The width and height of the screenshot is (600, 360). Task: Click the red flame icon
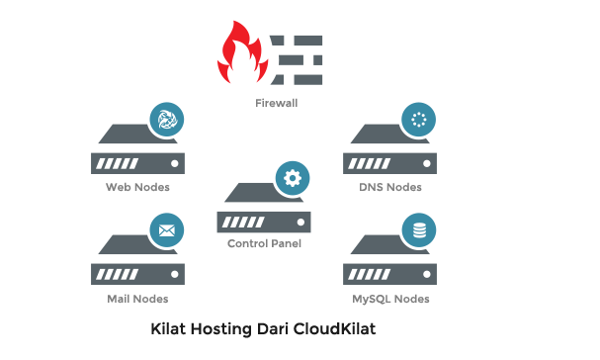coord(241,56)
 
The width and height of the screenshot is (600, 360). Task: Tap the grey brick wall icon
coord(298,58)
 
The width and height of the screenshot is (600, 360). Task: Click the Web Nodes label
coord(137,187)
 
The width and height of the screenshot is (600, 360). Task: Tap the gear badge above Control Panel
coord(291,178)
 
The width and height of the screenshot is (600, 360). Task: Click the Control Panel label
coord(264,243)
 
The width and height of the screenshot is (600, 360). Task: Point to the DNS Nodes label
coord(390,187)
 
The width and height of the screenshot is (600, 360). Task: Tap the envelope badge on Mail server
coord(165,232)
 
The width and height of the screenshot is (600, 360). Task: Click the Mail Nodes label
coord(137,299)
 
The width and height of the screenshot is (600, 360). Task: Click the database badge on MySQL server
coord(416,232)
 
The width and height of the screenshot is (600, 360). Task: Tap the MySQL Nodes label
coord(390,299)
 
